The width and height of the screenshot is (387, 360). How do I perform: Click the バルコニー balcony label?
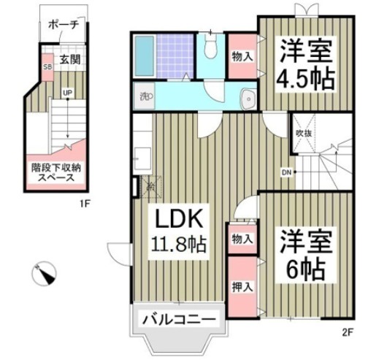tap(179, 319)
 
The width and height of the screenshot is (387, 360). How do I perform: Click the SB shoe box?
tap(47, 67)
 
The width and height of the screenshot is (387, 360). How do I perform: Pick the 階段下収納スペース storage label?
tap(56, 172)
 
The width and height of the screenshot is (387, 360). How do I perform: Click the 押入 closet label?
tap(243, 286)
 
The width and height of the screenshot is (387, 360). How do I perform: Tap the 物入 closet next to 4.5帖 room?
tap(243, 56)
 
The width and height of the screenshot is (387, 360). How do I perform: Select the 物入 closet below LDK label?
tap(243, 238)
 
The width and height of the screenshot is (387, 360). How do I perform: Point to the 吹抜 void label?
tap(304, 134)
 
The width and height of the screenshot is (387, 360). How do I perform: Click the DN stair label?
tap(286, 173)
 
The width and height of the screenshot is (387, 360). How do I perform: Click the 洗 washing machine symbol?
tap(142, 95)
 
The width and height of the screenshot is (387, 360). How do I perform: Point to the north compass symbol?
tap(44, 274)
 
